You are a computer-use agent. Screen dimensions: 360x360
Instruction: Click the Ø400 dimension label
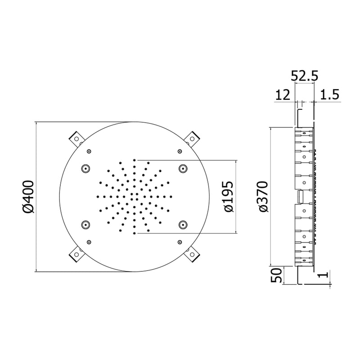click(28, 197)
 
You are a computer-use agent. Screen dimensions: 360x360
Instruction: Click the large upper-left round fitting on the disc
click(85, 168)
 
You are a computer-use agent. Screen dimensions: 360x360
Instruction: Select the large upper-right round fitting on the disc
click(183, 168)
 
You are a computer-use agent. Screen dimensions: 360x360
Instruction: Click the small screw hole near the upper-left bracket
click(89, 151)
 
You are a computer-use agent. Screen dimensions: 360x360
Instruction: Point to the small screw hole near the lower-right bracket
click(180, 242)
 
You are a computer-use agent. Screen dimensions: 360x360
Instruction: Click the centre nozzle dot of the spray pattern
click(135, 197)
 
